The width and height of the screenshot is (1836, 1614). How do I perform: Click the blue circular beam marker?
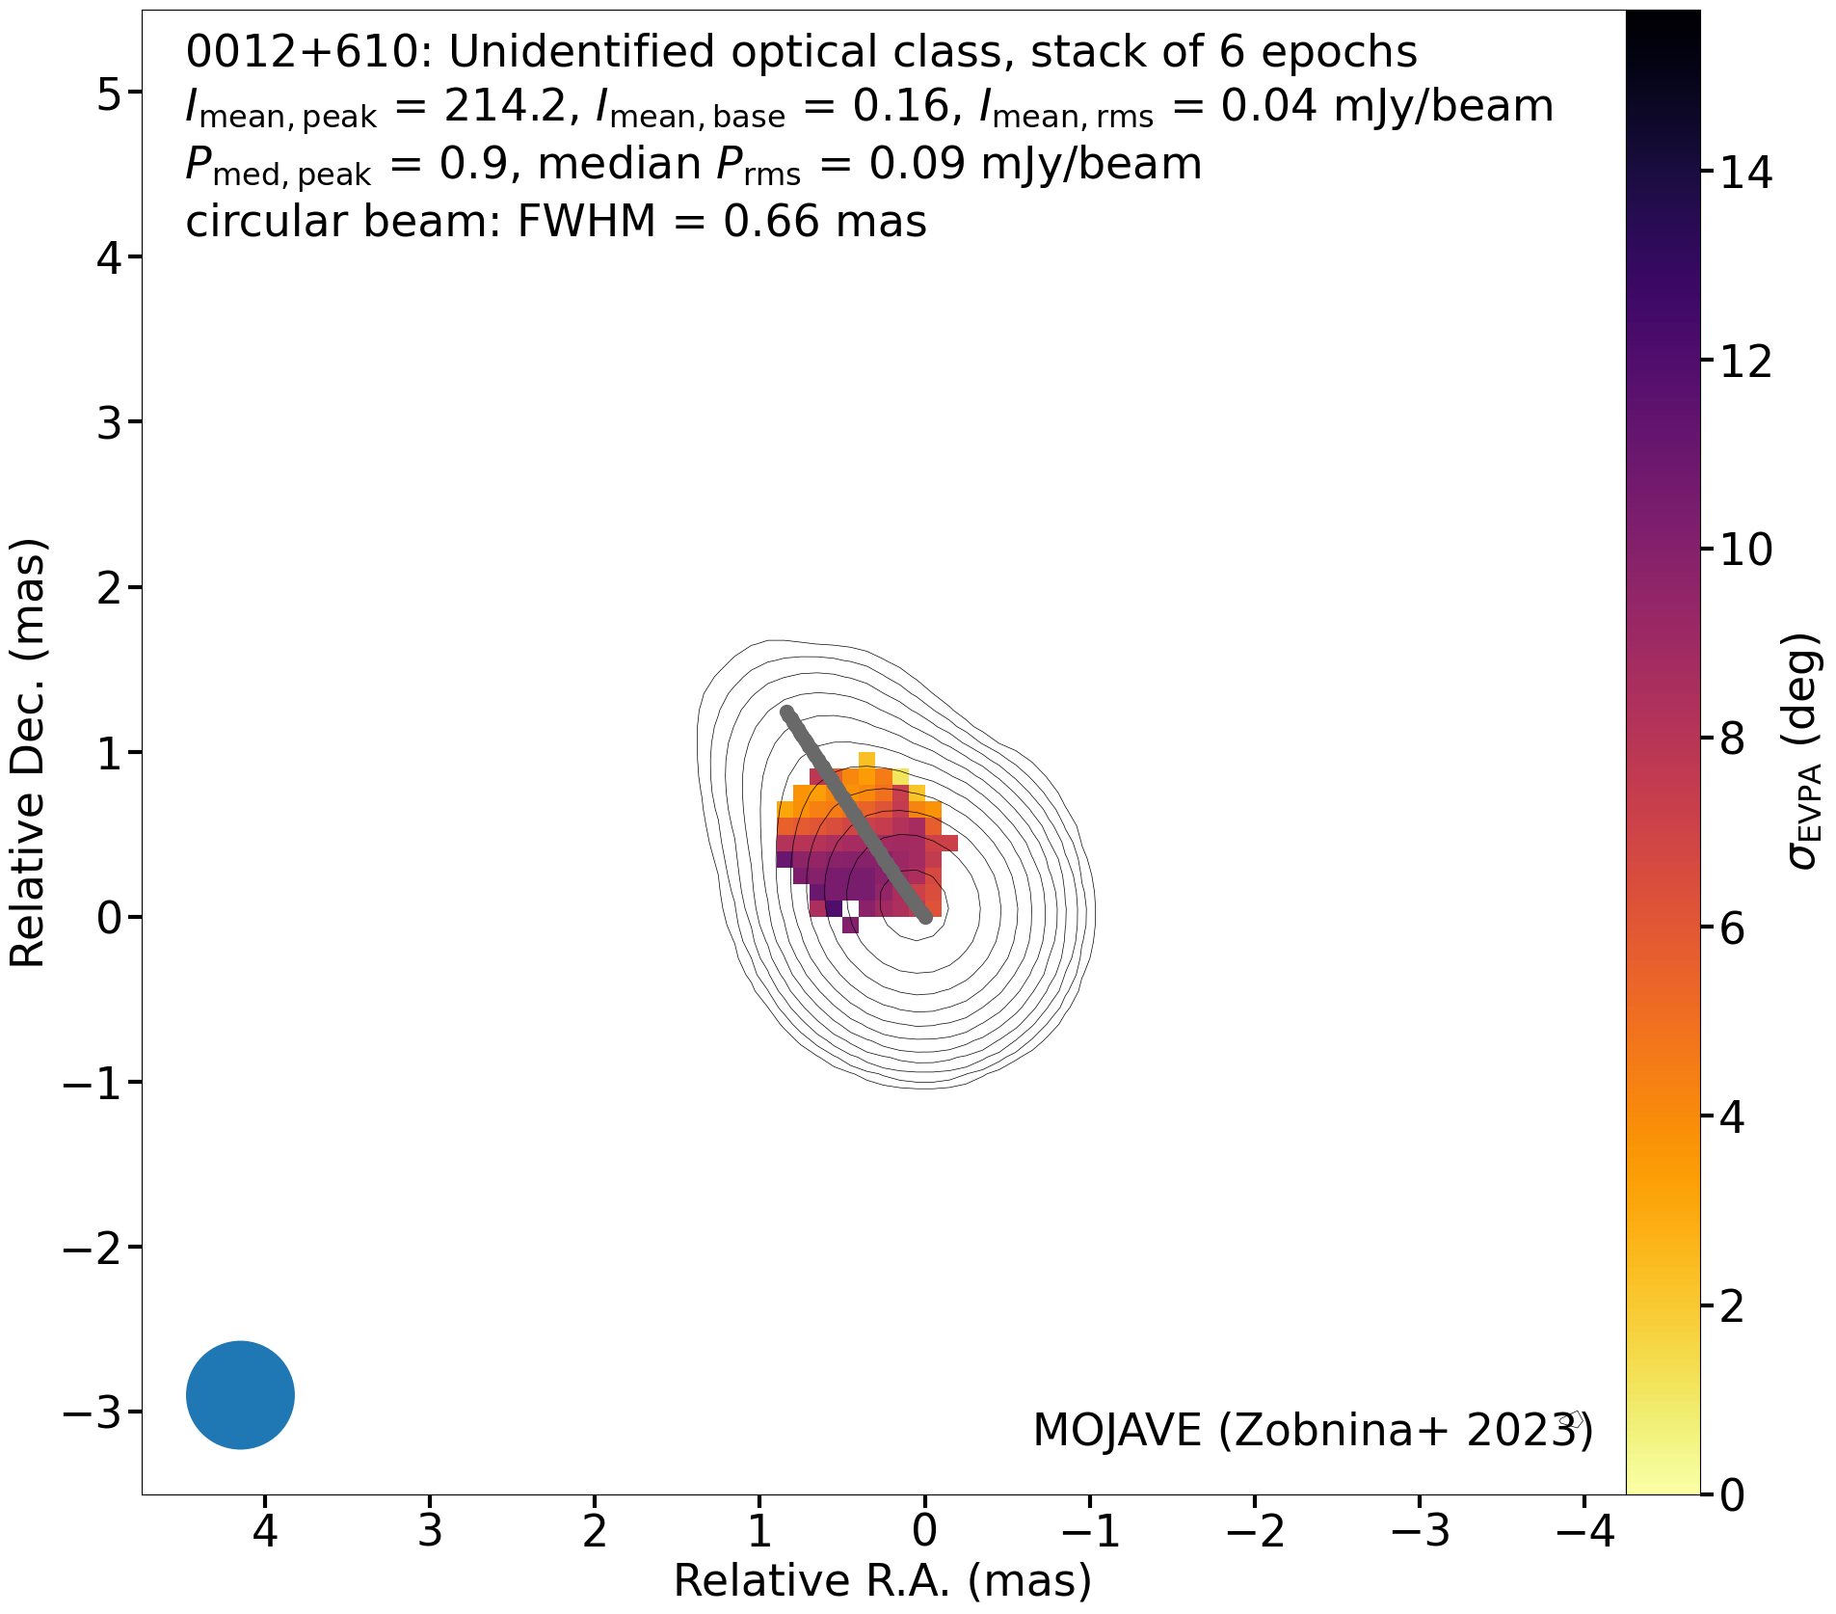pos(240,1394)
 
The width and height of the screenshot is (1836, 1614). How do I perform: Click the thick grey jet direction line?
pos(856,815)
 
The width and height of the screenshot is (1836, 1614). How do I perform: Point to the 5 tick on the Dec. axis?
pos(135,92)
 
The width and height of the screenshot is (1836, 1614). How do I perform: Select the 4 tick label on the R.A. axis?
pos(265,1529)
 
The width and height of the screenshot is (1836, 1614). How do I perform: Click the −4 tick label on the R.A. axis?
pos(1583,1529)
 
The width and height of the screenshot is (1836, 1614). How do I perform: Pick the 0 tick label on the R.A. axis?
pos(924,1529)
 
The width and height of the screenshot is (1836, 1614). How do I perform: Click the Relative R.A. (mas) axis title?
pos(883,1581)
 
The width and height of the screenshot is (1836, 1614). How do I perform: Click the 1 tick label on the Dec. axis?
pos(106,752)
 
